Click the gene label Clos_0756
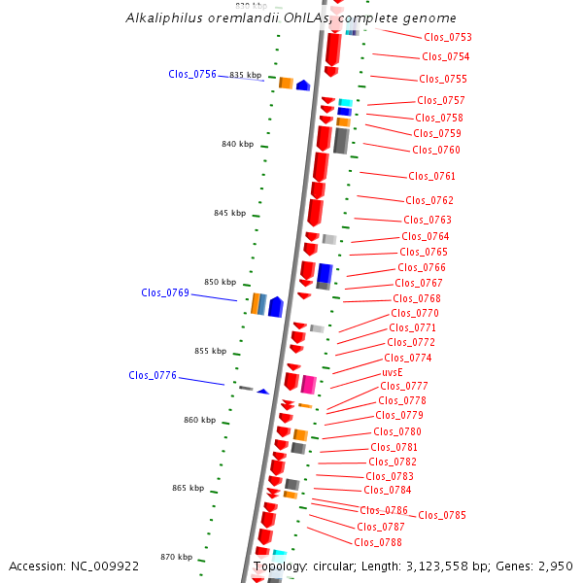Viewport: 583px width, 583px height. point(192,74)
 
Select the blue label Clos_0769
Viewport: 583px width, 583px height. point(165,292)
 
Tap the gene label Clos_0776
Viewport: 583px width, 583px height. point(153,375)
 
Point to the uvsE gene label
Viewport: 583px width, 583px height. point(393,372)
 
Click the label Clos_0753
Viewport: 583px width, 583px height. point(448,37)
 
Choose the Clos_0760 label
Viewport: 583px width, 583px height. point(436,150)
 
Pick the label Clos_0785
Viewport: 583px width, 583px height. point(442,515)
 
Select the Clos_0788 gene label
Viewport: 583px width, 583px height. point(378,542)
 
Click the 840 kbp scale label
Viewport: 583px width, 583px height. point(237,144)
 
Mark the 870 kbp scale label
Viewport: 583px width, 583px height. point(177,557)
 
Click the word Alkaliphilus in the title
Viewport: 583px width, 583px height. point(162,18)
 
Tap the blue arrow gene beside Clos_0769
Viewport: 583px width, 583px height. point(275,307)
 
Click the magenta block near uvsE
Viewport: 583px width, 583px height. point(309,384)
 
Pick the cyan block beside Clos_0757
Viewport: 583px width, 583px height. point(345,102)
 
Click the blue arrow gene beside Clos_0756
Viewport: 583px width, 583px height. point(302,86)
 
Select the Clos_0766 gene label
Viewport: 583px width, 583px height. point(422,267)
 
